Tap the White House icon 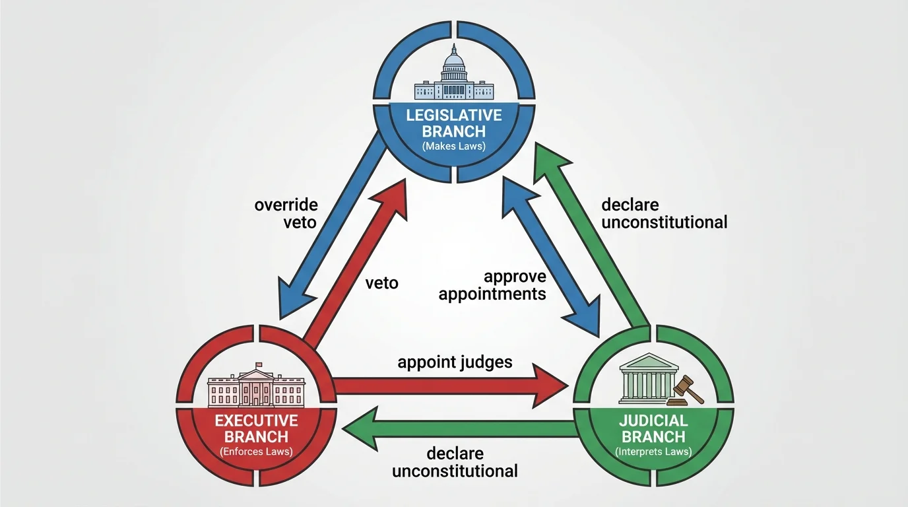pyautogui.click(x=256, y=388)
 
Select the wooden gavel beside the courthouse pyautogui.click(x=686, y=390)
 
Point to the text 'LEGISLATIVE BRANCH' pyautogui.click(x=454, y=123)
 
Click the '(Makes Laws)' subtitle pyautogui.click(x=454, y=147)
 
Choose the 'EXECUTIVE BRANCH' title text pyautogui.click(x=256, y=428)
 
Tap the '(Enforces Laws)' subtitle pyautogui.click(x=256, y=452)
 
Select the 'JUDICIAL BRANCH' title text pyautogui.click(x=653, y=428)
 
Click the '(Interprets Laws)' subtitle pyautogui.click(x=653, y=452)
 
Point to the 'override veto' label pyautogui.click(x=286, y=213)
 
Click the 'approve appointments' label pyautogui.click(x=492, y=285)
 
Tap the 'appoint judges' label pyautogui.click(x=455, y=362)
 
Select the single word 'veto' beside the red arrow pyautogui.click(x=381, y=283)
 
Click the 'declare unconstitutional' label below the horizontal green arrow pyautogui.click(x=455, y=462)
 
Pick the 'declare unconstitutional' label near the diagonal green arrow pyautogui.click(x=664, y=213)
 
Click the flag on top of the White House pyautogui.click(x=259, y=364)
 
